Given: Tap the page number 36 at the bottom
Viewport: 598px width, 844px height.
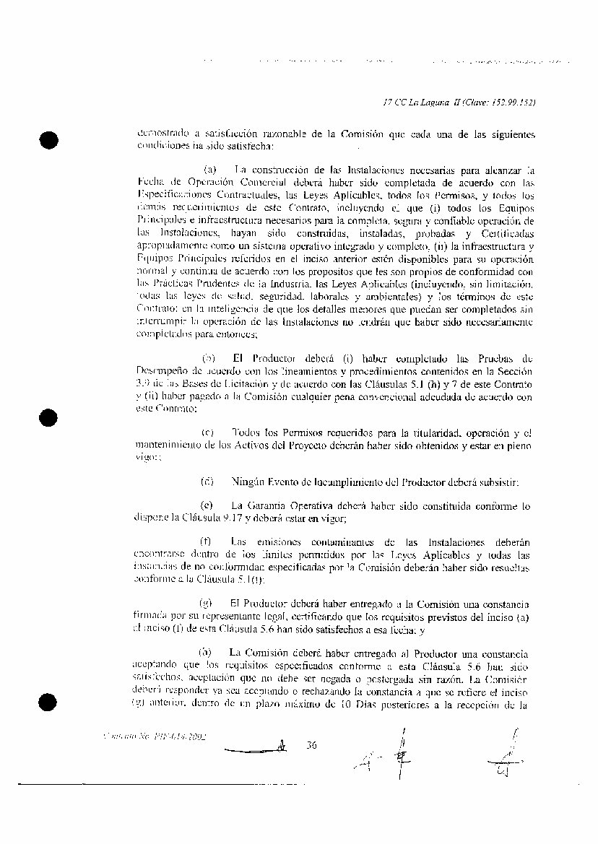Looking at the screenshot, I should click(x=312, y=746).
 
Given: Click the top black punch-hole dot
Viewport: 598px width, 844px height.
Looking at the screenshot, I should click(x=48, y=139).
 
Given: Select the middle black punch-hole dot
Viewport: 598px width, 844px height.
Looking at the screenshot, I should click(x=48, y=420).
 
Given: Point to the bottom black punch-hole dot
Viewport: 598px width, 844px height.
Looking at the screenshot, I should click(x=48, y=701).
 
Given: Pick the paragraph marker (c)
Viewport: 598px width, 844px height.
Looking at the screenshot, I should click(x=208, y=432).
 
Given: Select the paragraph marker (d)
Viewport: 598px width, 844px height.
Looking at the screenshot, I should click(x=208, y=481).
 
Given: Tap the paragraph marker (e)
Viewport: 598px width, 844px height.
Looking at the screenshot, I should click(x=208, y=505).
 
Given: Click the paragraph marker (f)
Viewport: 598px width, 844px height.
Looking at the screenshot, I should click(x=207, y=542).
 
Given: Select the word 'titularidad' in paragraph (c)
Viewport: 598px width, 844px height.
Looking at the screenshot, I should click(x=416, y=432).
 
